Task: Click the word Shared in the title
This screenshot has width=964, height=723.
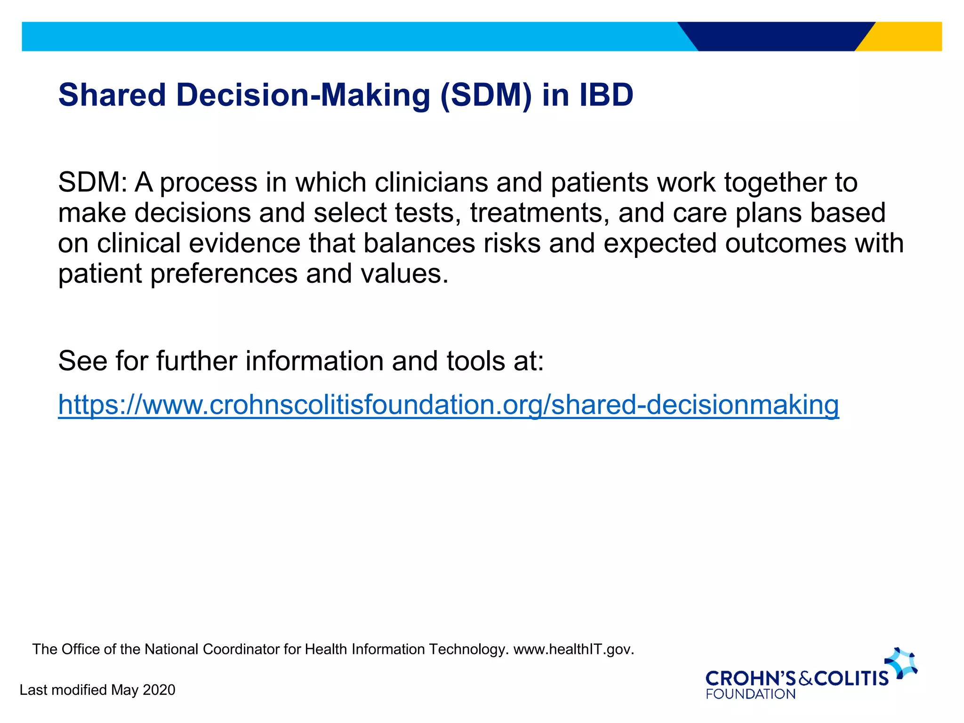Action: (112, 95)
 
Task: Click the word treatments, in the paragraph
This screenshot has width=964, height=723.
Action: (539, 213)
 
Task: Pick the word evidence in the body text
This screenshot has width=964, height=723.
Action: (244, 243)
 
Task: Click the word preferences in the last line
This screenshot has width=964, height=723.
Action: (224, 274)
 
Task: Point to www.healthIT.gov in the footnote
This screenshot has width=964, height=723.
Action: (573, 650)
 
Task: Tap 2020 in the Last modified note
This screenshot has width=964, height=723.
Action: (159, 690)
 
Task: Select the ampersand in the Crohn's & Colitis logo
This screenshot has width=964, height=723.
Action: (805, 679)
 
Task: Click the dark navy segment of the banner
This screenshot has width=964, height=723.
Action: (777, 36)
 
